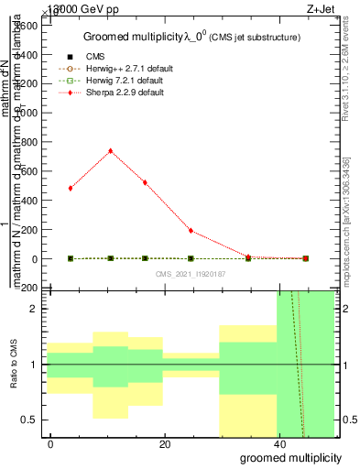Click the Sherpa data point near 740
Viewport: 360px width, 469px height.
coord(111,150)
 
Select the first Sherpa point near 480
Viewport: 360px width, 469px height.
coord(71,188)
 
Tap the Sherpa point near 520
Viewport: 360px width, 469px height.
coord(145,182)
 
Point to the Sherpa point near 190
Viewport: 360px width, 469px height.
coord(191,230)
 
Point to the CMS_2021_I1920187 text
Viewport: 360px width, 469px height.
coord(191,274)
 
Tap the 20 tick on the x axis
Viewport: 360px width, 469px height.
coord(165,443)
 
